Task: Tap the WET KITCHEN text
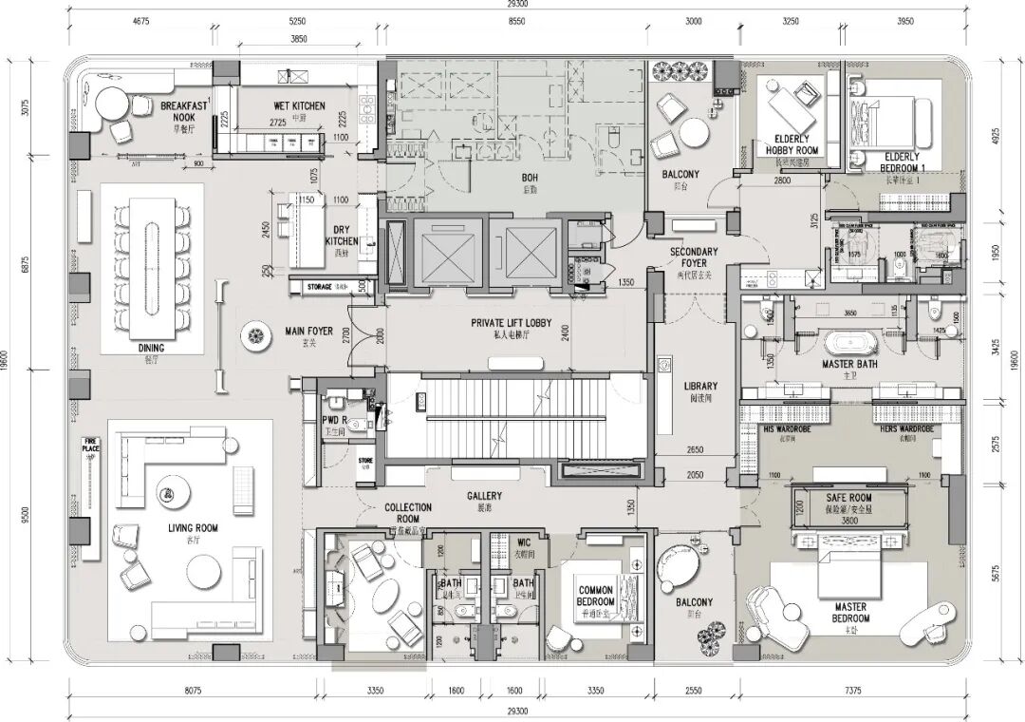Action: coord(298,106)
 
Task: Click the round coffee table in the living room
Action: coord(206,571)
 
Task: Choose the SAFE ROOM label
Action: coord(848,498)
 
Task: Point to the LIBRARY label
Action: coord(700,387)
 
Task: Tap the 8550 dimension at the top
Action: coord(516,20)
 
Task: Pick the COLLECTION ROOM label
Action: coord(408,513)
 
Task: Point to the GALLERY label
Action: coord(484,496)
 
